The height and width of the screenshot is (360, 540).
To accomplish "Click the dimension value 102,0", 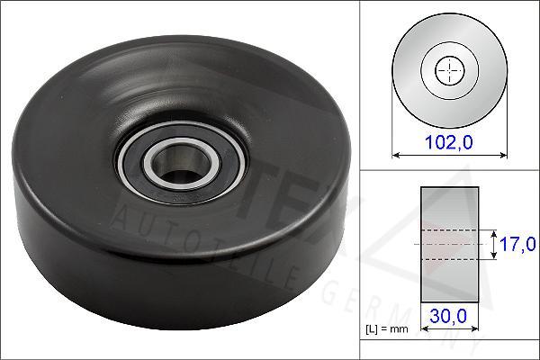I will coord(448,140).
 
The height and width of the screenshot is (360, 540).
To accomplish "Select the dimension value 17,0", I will coord(517,244).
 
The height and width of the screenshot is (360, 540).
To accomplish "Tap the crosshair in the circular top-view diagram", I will coord(447,70).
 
